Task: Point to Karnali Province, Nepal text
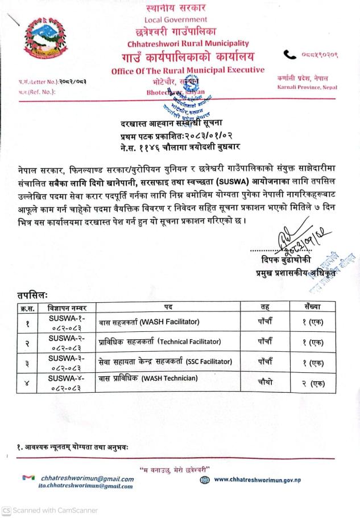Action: click(307, 87)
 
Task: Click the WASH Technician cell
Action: click(148, 378)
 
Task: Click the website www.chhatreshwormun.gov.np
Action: click(256, 480)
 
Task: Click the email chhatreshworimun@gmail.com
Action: click(87, 479)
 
